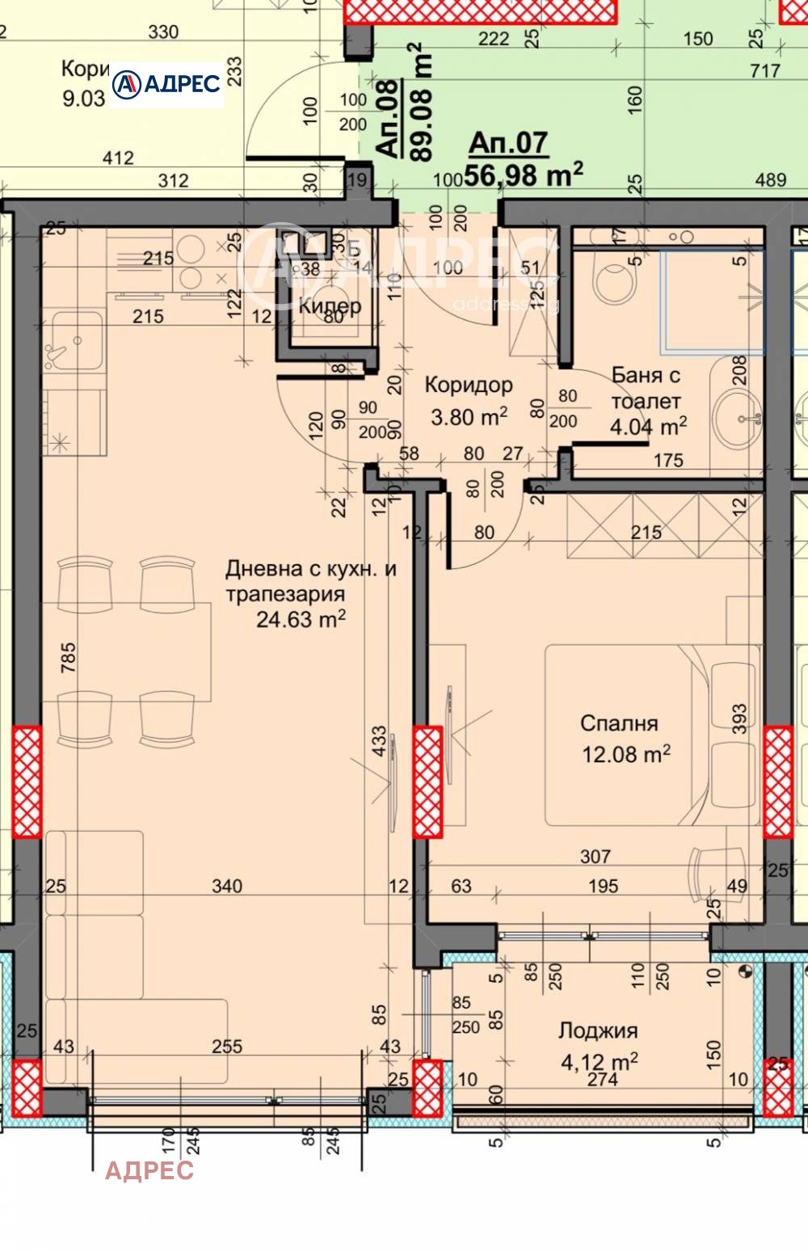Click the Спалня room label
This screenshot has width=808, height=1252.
coord(619,723)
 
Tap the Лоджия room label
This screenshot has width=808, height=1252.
coord(598,1031)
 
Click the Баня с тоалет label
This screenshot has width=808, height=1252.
coord(646,388)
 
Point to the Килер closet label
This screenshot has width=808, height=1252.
coord(330,306)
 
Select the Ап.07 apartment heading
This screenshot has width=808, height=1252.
coord(508,143)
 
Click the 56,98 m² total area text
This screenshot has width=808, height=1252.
coord(524,174)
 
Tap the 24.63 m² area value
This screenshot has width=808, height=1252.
coord(301,620)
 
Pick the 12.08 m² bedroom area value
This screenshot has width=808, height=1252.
coord(626,754)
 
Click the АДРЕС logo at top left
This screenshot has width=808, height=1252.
coord(166,84)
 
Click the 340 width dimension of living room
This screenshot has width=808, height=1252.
coord(227,887)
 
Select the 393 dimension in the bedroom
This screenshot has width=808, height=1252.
coord(739,719)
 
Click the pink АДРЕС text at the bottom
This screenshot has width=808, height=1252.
coord(149,1170)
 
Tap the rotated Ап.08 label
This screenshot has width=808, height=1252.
coord(388,117)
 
